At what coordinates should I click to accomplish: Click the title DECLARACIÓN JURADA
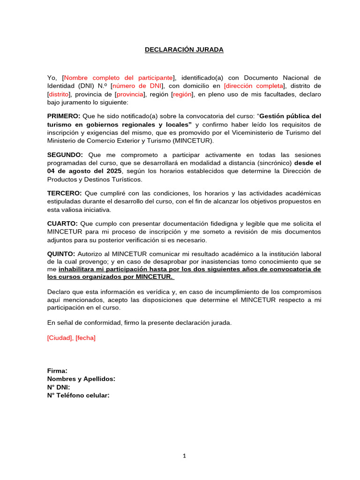point(184,50)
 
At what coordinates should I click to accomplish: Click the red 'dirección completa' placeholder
point(254,86)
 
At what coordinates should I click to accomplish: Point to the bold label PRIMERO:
point(64,116)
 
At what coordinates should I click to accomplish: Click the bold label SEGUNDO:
point(65,155)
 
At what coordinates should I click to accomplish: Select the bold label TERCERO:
point(65,193)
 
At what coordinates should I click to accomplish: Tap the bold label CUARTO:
point(63,223)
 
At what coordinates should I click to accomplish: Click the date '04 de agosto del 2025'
point(84,171)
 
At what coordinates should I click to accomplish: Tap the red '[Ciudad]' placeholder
point(60,338)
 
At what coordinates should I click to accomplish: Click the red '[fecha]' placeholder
point(85,338)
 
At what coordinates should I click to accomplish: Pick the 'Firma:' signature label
point(57,371)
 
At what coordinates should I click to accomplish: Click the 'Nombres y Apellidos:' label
point(81,379)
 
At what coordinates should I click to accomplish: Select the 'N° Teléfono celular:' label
point(78,395)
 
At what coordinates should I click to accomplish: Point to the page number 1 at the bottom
point(184,455)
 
